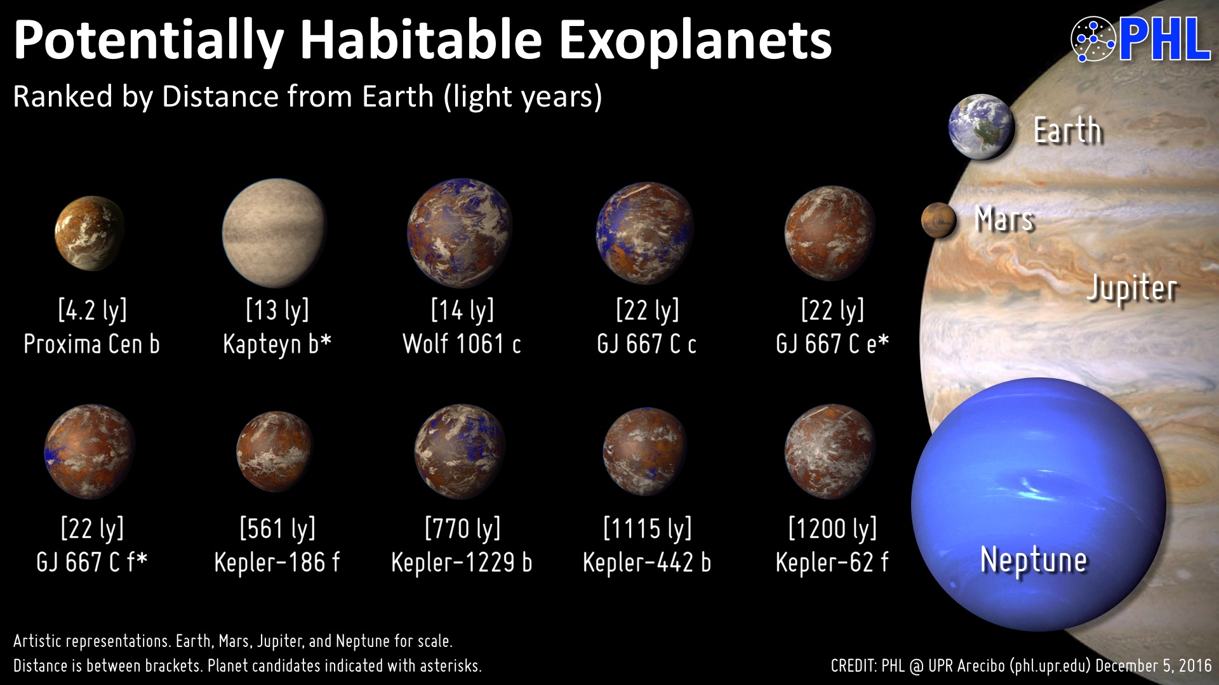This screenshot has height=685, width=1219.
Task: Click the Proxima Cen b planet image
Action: (90, 233)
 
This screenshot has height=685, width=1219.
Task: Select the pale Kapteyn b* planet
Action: (274, 232)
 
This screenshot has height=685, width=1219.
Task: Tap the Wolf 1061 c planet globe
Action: (460, 232)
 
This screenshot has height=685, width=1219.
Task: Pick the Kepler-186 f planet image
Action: (275, 451)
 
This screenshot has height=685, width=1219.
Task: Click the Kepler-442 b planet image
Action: (645, 452)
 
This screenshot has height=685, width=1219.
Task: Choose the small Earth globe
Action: (981, 127)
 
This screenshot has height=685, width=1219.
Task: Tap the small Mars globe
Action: (939, 220)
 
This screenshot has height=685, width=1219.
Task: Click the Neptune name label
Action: (1034, 560)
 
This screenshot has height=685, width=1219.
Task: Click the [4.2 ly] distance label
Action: (93, 310)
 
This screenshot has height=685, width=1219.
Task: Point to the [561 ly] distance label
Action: (277, 528)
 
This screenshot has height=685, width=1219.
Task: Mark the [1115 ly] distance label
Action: (648, 528)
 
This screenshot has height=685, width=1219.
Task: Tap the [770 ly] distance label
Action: (463, 528)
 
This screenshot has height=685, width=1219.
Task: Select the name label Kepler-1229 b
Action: (462, 563)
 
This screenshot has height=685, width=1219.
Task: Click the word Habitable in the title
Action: (421, 39)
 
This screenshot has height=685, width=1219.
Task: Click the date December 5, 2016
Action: (1154, 666)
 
